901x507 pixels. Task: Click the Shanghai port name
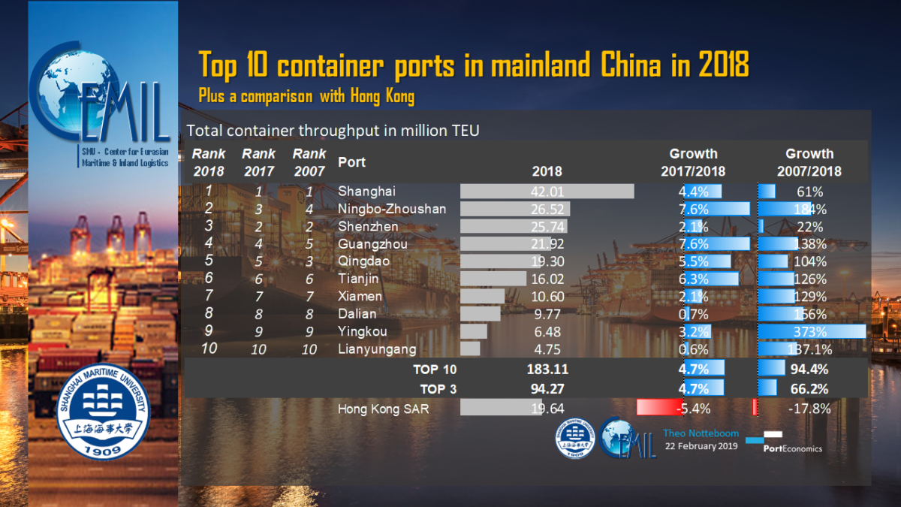(x=367, y=191)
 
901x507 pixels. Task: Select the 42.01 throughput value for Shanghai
(x=547, y=191)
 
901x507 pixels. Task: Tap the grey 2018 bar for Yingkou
(x=474, y=331)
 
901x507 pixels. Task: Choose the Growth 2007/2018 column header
(x=809, y=162)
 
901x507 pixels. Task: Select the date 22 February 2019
(x=701, y=446)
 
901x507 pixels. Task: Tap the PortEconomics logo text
(x=792, y=448)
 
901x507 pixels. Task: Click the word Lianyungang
(x=377, y=349)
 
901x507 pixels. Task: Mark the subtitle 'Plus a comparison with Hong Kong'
(x=306, y=97)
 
